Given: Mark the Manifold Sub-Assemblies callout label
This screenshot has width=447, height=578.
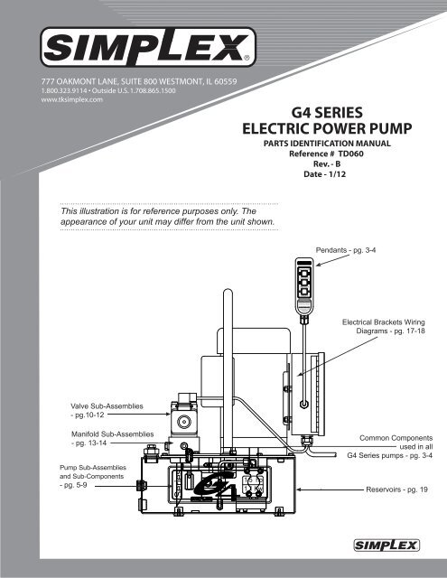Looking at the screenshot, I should (112, 439).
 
